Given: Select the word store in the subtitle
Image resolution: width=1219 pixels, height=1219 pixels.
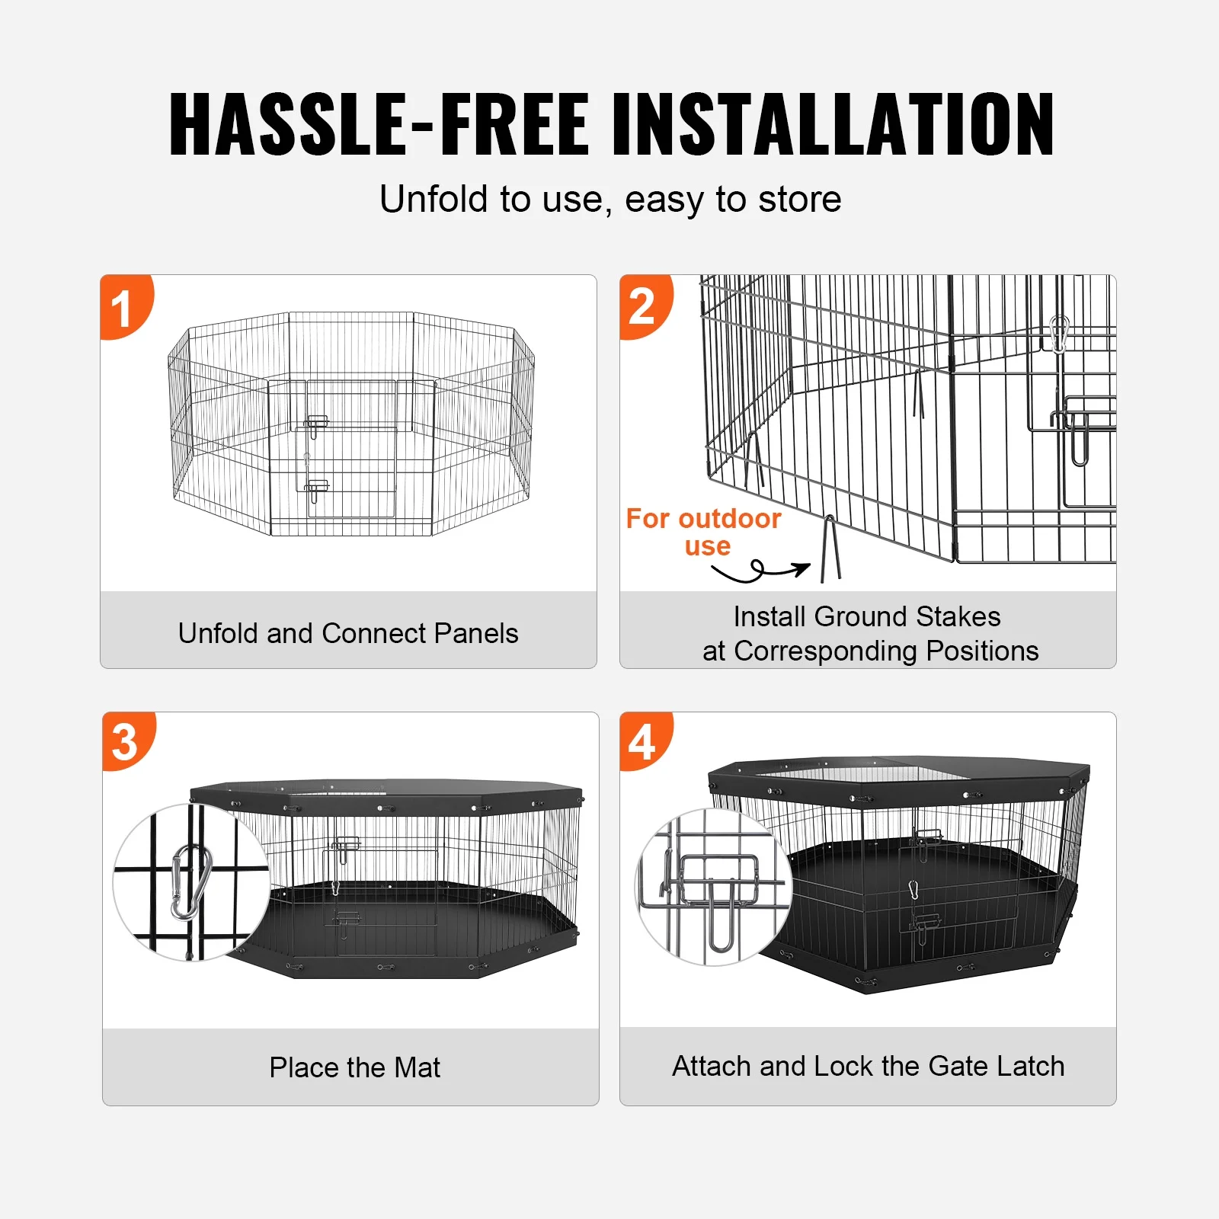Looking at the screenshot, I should point(799,200).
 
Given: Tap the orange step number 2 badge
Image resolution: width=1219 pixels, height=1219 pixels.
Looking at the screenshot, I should point(643,306).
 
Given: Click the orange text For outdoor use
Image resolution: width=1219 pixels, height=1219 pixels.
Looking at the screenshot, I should point(703,532).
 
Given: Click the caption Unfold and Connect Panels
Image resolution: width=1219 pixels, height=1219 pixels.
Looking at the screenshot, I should point(348,633).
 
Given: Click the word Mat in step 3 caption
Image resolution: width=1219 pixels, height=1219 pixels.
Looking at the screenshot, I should point(418,1067).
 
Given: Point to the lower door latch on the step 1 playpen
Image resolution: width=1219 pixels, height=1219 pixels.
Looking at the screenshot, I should point(315,488).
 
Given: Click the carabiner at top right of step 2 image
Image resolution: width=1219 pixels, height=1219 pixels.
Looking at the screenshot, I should point(1058,334).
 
